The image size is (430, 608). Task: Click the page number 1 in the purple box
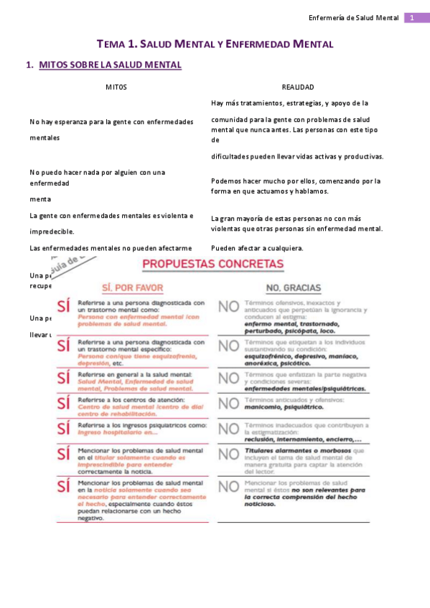pyautogui.click(x=413, y=17)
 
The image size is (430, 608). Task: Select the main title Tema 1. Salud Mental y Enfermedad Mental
pyautogui.click(x=215, y=44)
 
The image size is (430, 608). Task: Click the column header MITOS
pyautogui.click(x=116, y=87)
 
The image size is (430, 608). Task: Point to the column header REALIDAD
pyautogui.click(x=298, y=87)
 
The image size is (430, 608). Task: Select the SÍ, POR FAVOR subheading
pyautogui.click(x=133, y=288)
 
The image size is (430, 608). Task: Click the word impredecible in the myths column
pyautogui.click(x=52, y=232)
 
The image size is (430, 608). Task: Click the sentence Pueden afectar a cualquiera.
pyautogui.click(x=258, y=248)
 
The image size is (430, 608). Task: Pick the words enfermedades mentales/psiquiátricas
pyautogui.click(x=304, y=388)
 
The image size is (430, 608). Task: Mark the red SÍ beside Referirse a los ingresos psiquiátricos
pyautogui.click(x=64, y=429)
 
